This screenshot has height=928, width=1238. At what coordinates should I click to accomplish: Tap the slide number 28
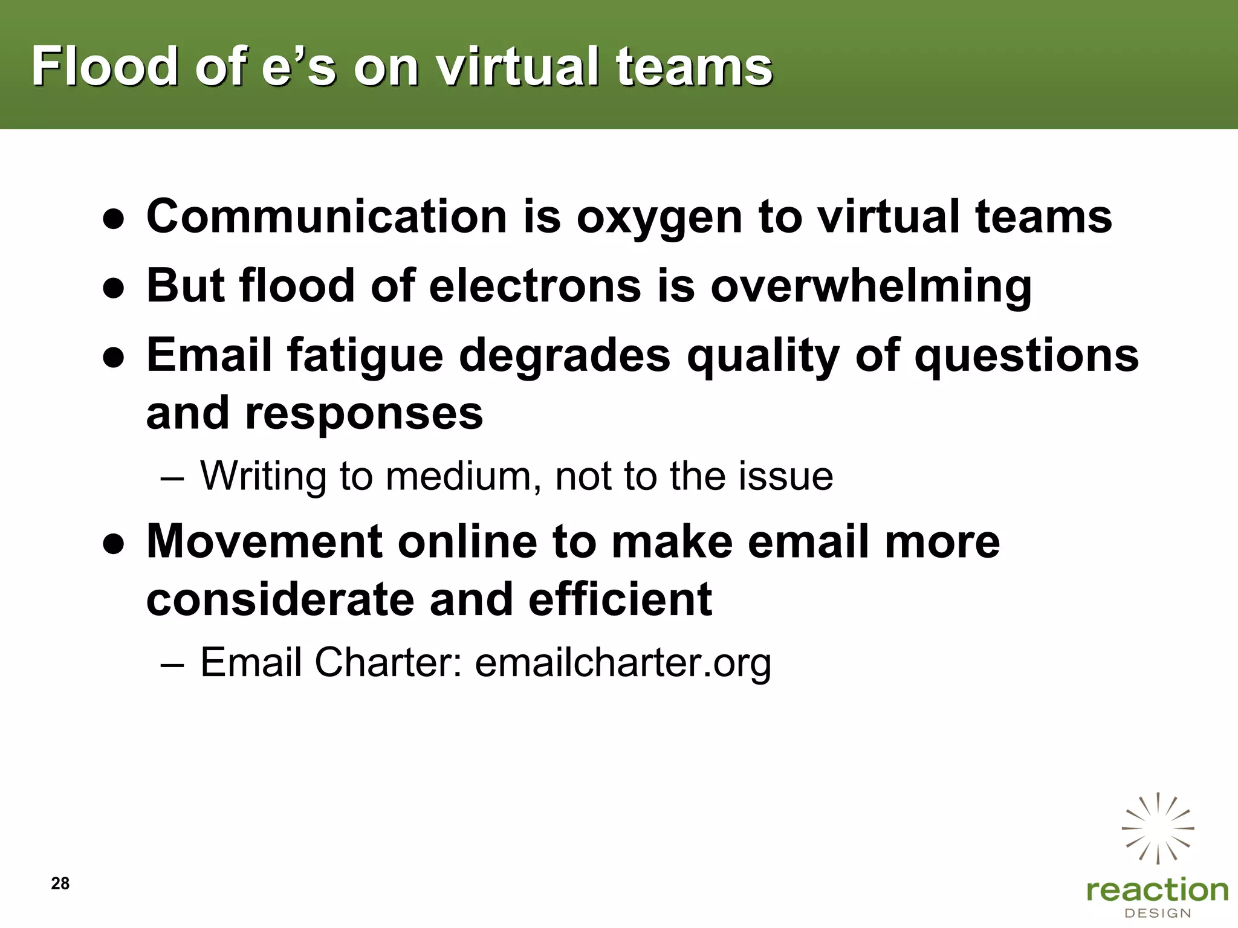[x=60, y=883]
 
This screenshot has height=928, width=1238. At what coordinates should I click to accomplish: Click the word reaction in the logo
[x=1157, y=890]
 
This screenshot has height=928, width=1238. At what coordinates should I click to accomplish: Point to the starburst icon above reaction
[x=1158, y=828]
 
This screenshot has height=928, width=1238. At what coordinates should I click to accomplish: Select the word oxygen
[x=659, y=217]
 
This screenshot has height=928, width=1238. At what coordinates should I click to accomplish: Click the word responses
[x=363, y=413]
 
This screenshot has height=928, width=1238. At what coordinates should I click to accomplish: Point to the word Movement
[x=264, y=541]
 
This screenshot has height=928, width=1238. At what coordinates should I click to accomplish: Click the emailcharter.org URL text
[x=623, y=663]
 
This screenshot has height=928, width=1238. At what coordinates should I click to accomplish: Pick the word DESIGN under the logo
[x=1157, y=913]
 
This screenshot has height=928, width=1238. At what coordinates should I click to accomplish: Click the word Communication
[x=326, y=217]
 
